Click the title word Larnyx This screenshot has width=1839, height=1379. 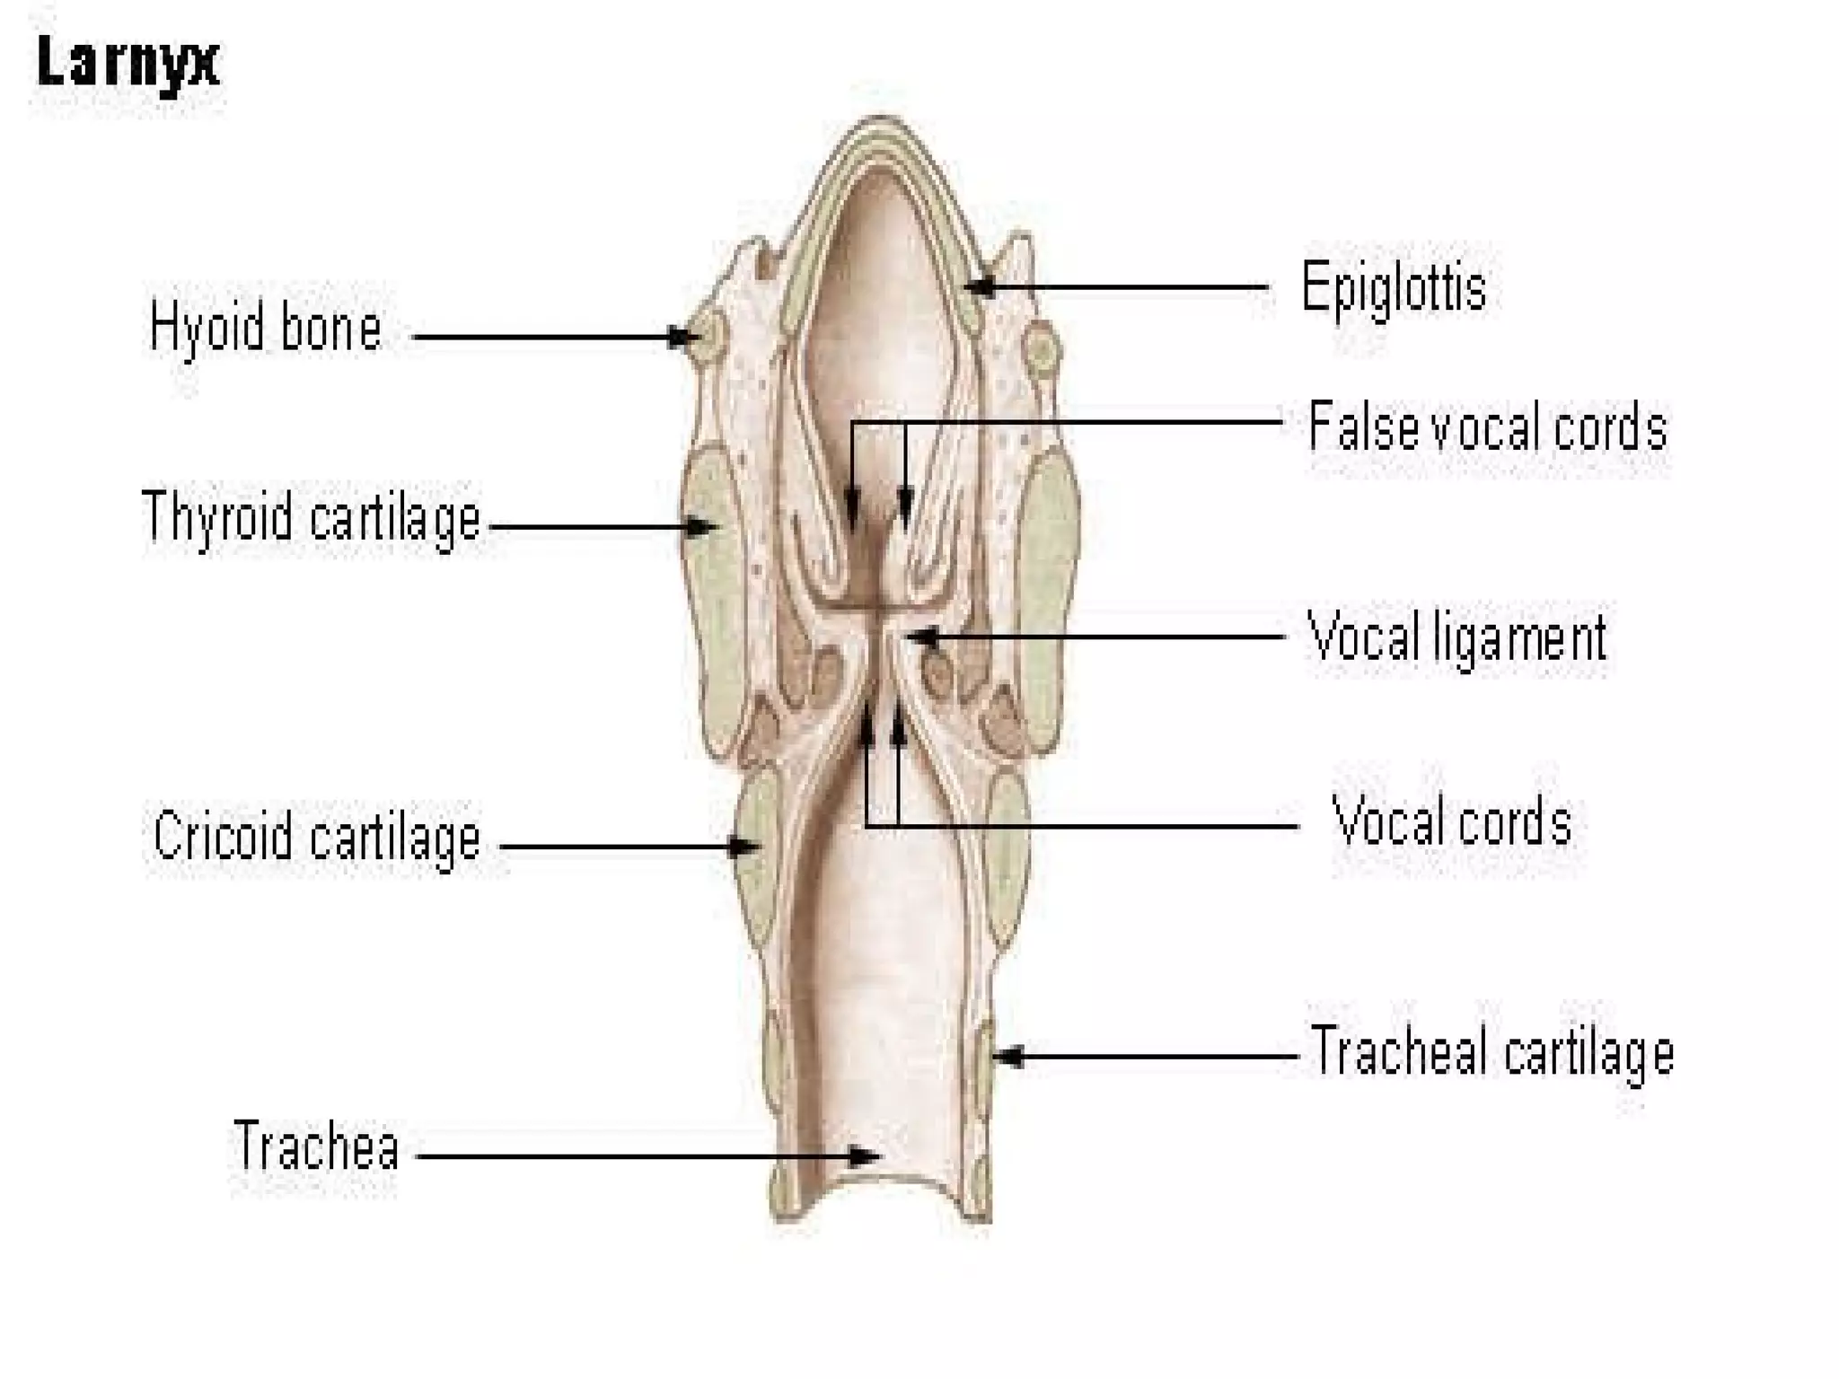pyautogui.click(x=128, y=63)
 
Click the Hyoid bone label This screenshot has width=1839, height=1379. pyautogui.click(x=266, y=328)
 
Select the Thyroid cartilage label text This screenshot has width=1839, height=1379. pyautogui.click(x=312, y=519)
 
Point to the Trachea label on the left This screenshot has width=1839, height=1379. pyautogui.click(x=316, y=1146)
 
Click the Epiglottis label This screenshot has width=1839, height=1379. pyautogui.click(x=1394, y=288)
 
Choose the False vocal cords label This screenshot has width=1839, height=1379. pyautogui.click(x=1487, y=426)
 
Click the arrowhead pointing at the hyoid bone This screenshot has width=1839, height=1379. pyautogui.click(x=686, y=338)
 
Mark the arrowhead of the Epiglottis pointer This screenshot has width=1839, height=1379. pyautogui.click(x=981, y=287)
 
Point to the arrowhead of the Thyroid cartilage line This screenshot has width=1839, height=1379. pyautogui.click(x=701, y=527)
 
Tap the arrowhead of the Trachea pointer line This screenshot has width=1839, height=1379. pyautogui.click(x=866, y=1155)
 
